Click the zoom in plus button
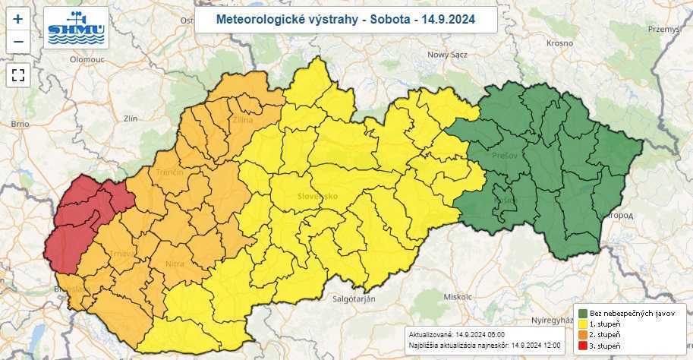tap(18, 17)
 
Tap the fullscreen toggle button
tap(18, 74)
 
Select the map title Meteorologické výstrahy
tap(345, 20)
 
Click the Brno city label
tap(20, 123)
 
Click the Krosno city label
tap(558, 43)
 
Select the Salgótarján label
tap(355, 300)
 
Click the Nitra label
tap(174, 264)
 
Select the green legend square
tap(583, 313)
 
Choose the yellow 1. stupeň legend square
tap(583, 324)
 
